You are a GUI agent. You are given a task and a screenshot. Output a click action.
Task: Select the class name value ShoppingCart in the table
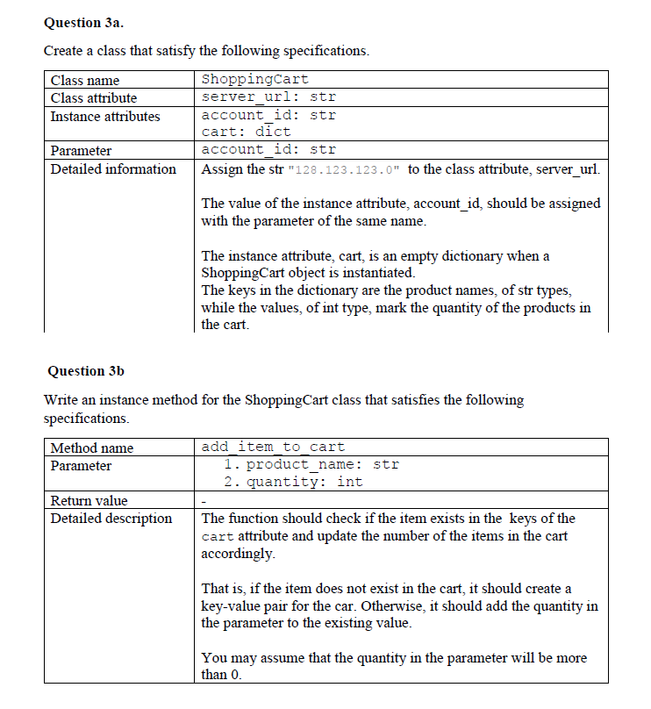pyautogui.click(x=254, y=80)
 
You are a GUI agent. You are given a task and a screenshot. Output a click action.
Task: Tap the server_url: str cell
pyautogui.click(x=268, y=97)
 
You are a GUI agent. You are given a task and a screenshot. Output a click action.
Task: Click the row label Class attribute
pyautogui.click(x=94, y=97)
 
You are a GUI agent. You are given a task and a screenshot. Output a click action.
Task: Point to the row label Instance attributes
pyautogui.click(x=105, y=116)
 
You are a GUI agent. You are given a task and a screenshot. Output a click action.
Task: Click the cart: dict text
pyautogui.click(x=246, y=132)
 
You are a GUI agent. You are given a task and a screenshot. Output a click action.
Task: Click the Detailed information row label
pyautogui.click(x=113, y=168)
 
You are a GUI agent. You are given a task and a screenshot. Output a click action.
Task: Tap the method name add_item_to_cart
pyautogui.click(x=273, y=448)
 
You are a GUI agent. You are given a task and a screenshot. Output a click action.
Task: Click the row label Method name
pyautogui.click(x=92, y=448)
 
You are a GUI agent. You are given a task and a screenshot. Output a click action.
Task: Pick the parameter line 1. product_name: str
pyautogui.click(x=311, y=464)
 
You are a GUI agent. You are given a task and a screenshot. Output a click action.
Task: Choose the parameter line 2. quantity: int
pyautogui.click(x=293, y=482)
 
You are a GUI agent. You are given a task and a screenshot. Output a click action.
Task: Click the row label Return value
pyautogui.click(x=89, y=500)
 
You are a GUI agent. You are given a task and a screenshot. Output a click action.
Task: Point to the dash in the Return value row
pyautogui.click(x=204, y=501)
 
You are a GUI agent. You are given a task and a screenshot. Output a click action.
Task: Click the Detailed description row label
pyautogui.click(x=111, y=518)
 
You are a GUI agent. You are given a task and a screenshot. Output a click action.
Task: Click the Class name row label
pyautogui.click(x=85, y=80)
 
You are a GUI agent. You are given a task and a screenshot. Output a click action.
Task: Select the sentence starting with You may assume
pyautogui.click(x=394, y=666)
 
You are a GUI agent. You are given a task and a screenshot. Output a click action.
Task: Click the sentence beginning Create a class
pyautogui.click(x=206, y=51)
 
